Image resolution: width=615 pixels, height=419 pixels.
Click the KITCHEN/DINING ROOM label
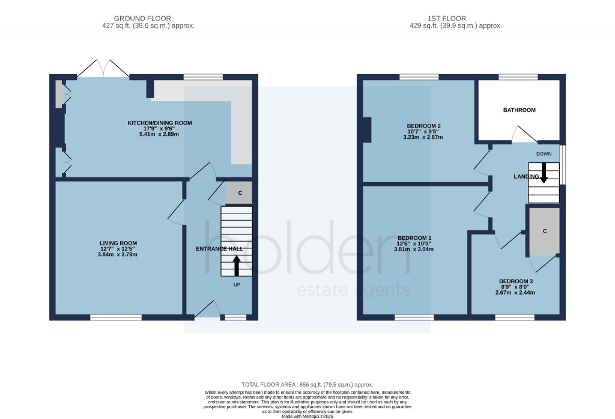[x=159, y=123]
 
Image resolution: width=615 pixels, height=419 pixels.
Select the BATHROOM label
[x=519, y=110]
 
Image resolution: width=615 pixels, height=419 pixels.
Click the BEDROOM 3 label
[x=515, y=281]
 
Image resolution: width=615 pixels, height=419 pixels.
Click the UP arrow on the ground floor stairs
[x=236, y=265]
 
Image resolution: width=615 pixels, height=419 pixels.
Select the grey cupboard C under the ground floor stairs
[x=240, y=193]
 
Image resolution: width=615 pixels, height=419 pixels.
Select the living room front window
[x=116, y=317]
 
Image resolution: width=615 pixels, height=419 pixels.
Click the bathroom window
[x=518, y=77]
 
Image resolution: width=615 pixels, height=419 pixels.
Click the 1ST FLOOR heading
[x=455, y=19]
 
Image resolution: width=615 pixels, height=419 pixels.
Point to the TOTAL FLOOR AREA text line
[x=307, y=385]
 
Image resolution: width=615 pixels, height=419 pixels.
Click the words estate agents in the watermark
[x=354, y=290]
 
